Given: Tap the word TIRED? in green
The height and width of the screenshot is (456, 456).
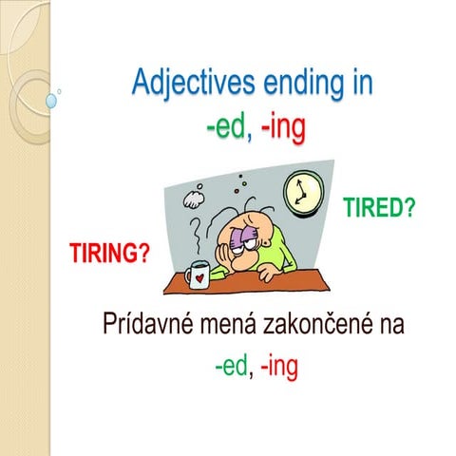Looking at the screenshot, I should (378, 208).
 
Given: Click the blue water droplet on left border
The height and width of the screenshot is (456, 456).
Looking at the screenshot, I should (50, 100).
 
